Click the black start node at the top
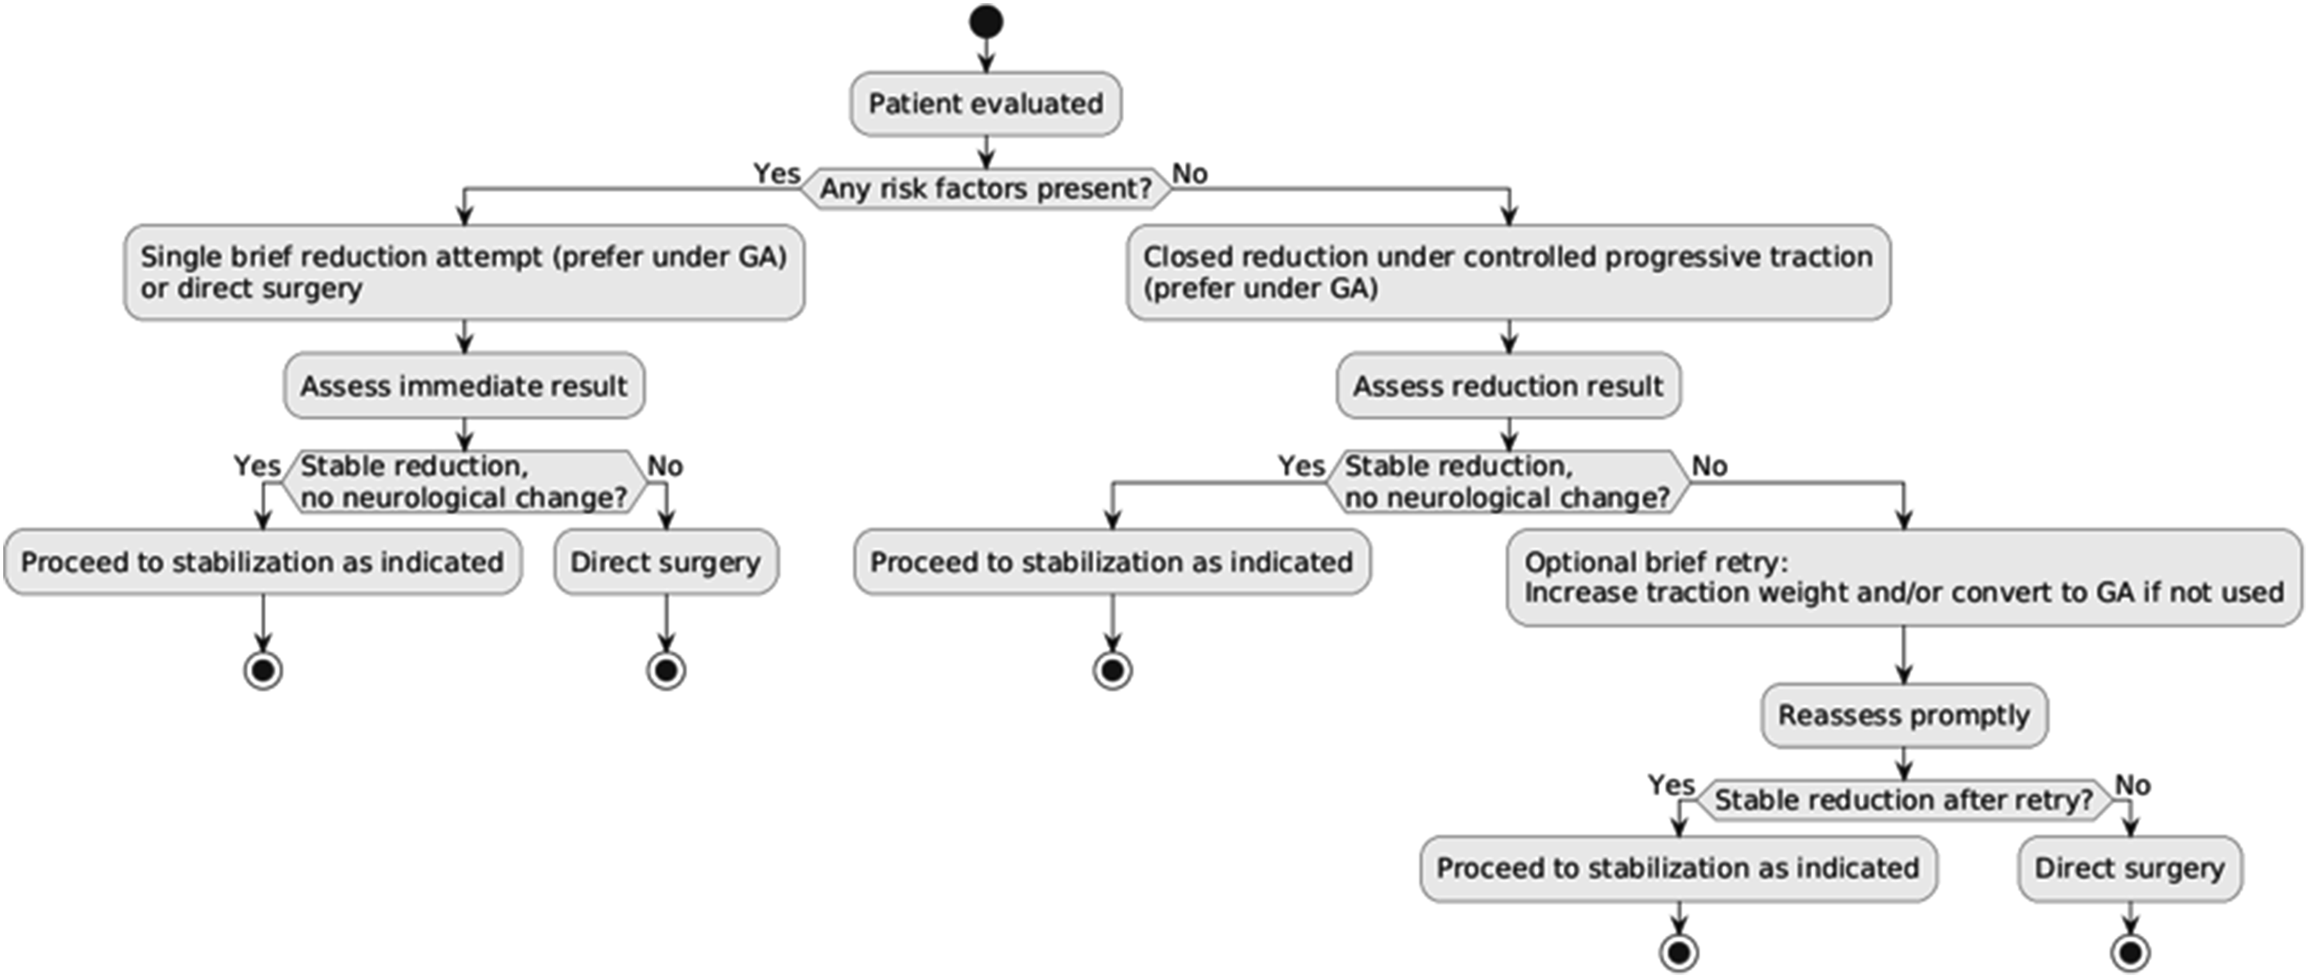[985, 22]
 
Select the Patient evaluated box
[985, 104]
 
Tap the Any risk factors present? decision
[985, 188]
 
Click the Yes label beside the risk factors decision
[776, 173]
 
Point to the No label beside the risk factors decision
[1189, 173]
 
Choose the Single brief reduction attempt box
[464, 273]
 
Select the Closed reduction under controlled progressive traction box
[1509, 273]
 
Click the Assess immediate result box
[464, 386]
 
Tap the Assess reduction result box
[1509, 386]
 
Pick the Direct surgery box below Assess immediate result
[666, 562]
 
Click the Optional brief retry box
[1904, 578]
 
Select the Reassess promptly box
[1904, 716]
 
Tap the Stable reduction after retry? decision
[1904, 800]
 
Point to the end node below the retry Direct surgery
[2130, 952]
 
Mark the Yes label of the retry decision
[1672, 785]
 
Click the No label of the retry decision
[2132, 785]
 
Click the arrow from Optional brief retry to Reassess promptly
[1904, 655]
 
